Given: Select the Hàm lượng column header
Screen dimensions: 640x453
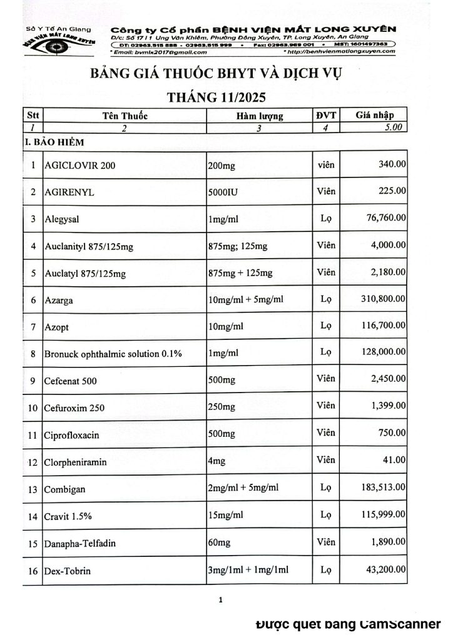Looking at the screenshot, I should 260,116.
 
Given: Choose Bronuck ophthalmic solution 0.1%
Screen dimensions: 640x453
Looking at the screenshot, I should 113,354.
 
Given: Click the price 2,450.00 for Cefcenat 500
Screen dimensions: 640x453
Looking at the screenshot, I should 387,379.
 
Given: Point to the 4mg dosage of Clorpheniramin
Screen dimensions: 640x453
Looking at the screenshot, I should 218,461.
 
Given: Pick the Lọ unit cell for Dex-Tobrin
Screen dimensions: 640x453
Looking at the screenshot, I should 325,569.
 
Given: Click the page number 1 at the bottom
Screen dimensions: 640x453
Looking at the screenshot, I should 221,600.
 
